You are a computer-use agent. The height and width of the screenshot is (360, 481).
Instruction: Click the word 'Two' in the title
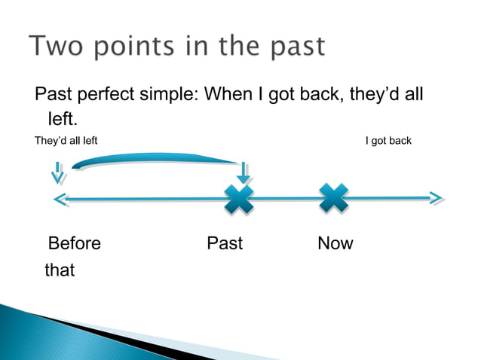pyautogui.click(x=58, y=47)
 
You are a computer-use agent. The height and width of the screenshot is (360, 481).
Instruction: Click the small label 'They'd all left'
pyautogui.click(x=66, y=141)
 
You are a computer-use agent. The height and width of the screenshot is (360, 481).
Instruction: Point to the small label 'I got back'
pyautogui.click(x=388, y=141)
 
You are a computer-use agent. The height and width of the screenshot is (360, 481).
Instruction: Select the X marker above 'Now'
pyautogui.click(x=333, y=199)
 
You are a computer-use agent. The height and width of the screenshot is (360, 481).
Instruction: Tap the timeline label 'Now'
pyautogui.click(x=335, y=243)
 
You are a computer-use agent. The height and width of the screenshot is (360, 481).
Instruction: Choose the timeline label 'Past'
pyautogui.click(x=225, y=243)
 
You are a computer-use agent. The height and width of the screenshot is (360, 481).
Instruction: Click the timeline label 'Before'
pyautogui.click(x=74, y=243)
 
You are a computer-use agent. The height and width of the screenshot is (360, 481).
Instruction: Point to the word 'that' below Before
pyautogui.click(x=60, y=270)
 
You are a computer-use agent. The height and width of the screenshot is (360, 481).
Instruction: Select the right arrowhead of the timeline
pyautogui.click(x=435, y=199)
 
